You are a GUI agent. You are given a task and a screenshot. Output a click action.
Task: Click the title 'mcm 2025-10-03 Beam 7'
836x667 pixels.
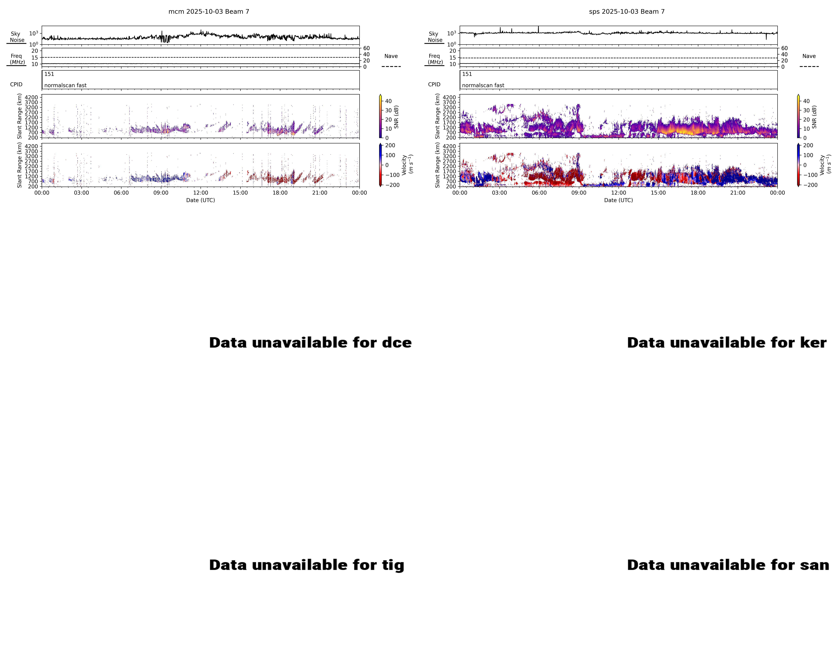pos(209,12)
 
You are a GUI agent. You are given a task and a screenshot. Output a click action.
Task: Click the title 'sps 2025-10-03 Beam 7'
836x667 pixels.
pos(627,12)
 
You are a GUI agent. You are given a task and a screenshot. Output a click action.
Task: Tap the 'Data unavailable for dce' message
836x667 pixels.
pos(310,343)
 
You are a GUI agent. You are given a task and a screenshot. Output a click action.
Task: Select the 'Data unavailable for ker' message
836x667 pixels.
pos(727,343)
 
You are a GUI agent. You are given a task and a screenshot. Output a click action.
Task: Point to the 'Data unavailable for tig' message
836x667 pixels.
pos(306,565)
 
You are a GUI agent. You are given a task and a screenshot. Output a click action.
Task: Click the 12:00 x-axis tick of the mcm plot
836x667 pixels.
pos(201,193)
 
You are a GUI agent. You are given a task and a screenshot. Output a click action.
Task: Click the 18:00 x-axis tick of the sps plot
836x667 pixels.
pos(698,193)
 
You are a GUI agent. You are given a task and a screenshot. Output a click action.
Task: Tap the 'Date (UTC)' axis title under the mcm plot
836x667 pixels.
pos(201,200)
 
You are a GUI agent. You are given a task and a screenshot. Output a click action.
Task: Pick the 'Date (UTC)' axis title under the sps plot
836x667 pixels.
pos(619,200)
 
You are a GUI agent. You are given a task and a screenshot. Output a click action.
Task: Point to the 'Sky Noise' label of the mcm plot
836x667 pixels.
pos(16,37)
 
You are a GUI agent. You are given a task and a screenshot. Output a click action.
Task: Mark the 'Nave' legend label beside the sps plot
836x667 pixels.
pos(809,56)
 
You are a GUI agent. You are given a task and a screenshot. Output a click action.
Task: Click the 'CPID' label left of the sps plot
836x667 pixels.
pos(434,84)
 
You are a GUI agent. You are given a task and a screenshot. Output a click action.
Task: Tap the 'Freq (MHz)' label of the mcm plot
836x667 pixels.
pos(17,59)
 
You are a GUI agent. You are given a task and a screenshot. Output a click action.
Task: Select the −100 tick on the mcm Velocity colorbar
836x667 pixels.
pos(392,175)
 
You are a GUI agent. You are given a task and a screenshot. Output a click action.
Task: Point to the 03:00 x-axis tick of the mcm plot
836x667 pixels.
pos(81,193)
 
